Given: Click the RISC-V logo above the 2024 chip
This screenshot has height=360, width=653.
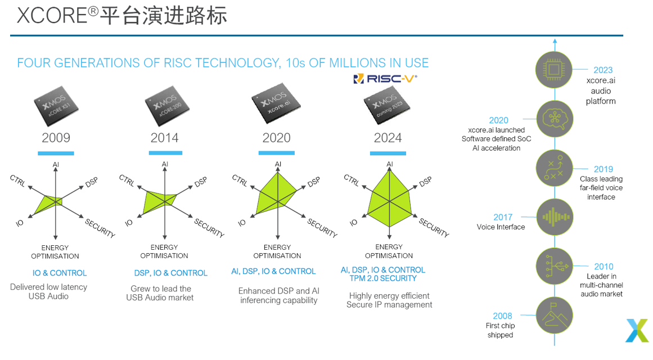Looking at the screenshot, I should click(385, 79).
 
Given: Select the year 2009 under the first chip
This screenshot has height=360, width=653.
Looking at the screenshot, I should click(56, 138).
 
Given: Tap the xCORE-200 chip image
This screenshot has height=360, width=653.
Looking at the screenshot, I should click(165, 107).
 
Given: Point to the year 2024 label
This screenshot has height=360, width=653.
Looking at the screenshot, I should click(388, 138).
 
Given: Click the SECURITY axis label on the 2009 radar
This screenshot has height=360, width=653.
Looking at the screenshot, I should click(100, 228).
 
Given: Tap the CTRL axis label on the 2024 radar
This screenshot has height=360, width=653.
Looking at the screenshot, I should click(352, 180).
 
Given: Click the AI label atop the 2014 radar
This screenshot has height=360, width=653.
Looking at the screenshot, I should click(165, 164).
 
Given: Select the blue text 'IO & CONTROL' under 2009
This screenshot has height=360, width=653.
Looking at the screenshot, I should click(60, 273).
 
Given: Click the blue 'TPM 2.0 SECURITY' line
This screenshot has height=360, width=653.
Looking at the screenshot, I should click(382, 278).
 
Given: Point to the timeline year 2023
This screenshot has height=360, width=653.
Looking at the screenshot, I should click(602, 70).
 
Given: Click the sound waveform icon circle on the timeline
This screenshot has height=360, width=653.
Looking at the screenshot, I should click(555, 217).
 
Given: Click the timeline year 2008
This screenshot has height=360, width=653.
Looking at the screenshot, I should click(502, 316).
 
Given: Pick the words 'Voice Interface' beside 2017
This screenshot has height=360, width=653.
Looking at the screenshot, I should click(501, 227).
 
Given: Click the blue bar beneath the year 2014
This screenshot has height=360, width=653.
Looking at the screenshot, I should click(165, 153).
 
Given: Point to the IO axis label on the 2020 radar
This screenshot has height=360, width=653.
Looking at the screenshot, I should click(242, 223).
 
